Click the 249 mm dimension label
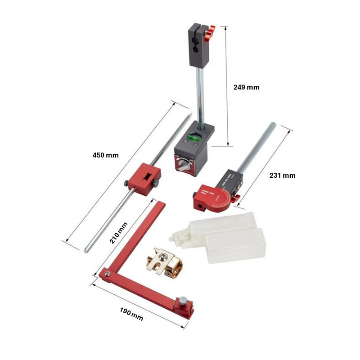pyautogui.click(x=246, y=87)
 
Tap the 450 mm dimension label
pyautogui.click(x=105, y=155)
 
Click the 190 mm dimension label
pyautogui.click(x=131, y=314)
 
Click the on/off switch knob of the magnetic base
pyautogui.click(x=184, y=166)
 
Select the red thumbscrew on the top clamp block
pyautogui.click(x=210, y=32)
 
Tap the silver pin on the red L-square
pyautogui.click(x=184, y=300)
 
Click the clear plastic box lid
pyautogui.click(x=234, y=243)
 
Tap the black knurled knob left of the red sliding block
pyautogui.click(x=127, y=183)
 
